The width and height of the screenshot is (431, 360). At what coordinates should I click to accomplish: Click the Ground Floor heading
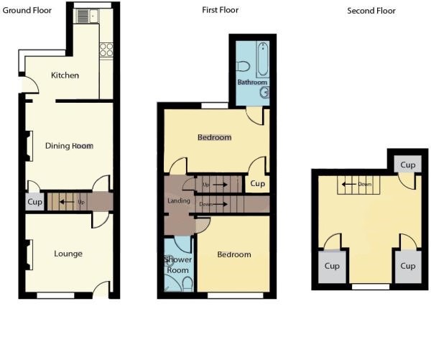tap(27, 11)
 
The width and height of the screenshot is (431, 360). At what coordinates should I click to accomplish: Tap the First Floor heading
tap(221, 10)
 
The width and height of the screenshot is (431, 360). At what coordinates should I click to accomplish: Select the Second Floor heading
tap(371, 11)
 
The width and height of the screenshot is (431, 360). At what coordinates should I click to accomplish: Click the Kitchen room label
tap(65, 75)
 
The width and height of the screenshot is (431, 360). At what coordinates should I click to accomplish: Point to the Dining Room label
tap(69, 146)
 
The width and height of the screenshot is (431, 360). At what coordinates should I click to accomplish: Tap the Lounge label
tap(68, 254)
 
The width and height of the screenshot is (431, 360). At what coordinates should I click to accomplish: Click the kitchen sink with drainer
tap(88, 16)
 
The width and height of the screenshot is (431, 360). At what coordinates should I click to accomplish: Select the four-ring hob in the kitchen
tap(106, 50)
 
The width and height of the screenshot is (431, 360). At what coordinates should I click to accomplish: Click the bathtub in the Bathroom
tap(263, 59)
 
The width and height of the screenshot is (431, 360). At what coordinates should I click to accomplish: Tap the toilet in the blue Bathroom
tap(243, 66)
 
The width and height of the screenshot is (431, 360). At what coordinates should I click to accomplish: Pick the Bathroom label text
tap(252, 82)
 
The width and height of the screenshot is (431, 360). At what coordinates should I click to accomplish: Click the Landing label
tap(179, 200)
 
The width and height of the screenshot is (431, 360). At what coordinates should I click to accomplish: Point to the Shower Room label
tap(178, 264)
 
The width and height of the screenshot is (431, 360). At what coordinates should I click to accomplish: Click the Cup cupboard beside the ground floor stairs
tap(35, 202)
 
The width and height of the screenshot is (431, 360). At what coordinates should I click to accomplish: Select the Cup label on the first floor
tap(258, 184)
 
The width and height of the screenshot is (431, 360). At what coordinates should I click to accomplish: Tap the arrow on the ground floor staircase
tap(67, 202)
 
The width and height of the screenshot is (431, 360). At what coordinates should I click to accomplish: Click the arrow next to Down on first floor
tap(220, 204)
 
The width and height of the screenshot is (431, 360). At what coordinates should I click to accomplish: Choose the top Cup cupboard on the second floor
tap(407, 165)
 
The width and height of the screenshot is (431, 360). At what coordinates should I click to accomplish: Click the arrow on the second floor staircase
tap(349, 184)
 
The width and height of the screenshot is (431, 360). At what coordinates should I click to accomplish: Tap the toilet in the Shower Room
tap(187, 284)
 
